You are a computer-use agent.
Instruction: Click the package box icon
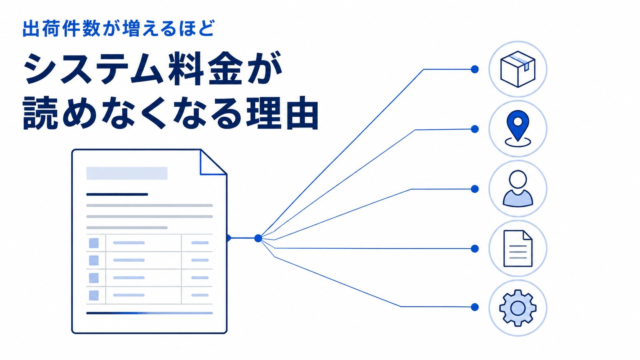tap(518, 69)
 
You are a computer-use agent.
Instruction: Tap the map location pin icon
tap(518, 129)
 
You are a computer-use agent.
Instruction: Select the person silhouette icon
tap(518, 189)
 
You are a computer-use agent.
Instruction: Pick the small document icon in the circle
tap(518, 248)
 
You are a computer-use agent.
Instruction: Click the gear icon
tap(518, 308)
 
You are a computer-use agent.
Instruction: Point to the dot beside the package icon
tap(475, 69)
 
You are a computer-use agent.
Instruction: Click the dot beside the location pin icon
tap(475, 129)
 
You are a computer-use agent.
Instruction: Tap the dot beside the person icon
tap(475, 189)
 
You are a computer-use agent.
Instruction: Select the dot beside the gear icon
tap(475, 307)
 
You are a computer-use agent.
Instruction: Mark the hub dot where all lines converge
tap(258, 238)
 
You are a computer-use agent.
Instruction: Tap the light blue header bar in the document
tap(127, 173)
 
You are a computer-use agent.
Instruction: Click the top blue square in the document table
tap(94, 243)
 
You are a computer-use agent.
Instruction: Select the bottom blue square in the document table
tap(94, 295)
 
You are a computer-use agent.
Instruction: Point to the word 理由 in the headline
tap(282, 113)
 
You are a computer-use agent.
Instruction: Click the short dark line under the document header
tap(117, 194)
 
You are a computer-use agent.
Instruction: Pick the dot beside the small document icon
tap(475, 249)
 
